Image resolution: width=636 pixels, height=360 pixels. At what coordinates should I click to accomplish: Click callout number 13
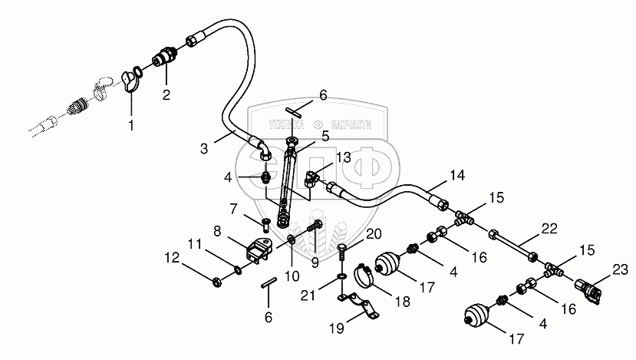(x=341, y=157)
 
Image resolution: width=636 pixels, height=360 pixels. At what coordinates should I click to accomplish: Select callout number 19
(x=335, y=328)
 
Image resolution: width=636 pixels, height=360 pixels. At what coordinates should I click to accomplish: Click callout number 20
(x=373, y=233)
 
